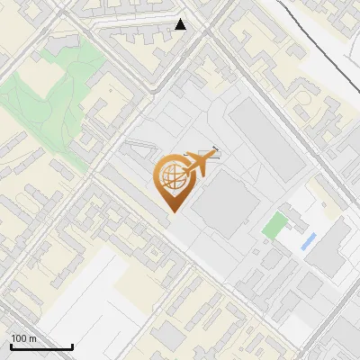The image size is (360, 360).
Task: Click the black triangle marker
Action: pyautogui.click(x=181, y=24)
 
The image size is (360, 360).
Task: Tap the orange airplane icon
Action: pyautogui.click(x=201, y=164)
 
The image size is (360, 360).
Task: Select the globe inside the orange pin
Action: pyautogui.click(x=170, y=176)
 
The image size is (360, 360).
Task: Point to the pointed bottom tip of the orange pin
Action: pyautogui.click(x=171, y=211)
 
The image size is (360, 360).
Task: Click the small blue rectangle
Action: pyautogui.click(x=309, y=241)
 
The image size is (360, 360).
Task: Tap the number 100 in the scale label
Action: pyautogui.click(x=18, y=338)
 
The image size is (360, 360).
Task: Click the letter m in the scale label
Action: pyautogui.click(x=31, y=338)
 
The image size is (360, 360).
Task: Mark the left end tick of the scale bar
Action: pyautogui.click(x=11, y=346)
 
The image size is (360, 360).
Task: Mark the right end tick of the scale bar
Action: pyautogui.click(x=72, y=346)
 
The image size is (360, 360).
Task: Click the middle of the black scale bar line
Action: pyautogui.click(x=41, y=347)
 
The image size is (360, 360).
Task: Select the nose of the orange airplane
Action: pyautogui.click(x=217, y=155)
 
